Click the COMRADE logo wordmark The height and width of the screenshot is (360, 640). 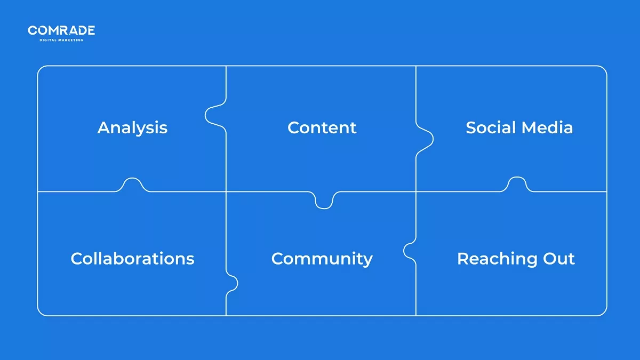(61, 30)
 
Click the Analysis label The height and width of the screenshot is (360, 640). (132, 128)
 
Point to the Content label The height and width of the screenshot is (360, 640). (322, 128)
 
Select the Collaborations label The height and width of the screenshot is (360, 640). (132, 259)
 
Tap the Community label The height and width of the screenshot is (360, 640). (322, 259)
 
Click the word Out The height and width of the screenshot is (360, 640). (559, 259)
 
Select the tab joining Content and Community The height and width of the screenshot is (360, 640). (324, 201)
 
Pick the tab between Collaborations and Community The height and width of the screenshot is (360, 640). (232, 283)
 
